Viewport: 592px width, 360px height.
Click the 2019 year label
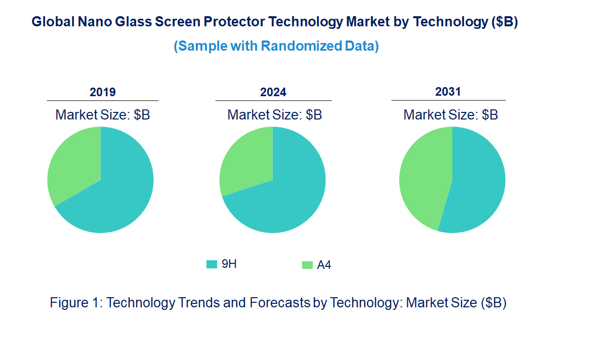103,92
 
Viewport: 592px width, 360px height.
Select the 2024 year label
273,92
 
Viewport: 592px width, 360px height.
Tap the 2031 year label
448,92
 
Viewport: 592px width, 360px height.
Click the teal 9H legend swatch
212,264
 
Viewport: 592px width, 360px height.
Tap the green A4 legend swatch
307,265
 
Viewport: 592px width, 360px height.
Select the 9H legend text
229,264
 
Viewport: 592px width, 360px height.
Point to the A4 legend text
324,265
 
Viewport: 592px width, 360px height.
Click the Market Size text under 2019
103,115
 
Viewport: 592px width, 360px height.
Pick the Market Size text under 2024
274,115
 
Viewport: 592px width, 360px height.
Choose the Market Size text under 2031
450,115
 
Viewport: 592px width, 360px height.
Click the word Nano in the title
92,22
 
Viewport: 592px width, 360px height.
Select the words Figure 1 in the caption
76,303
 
